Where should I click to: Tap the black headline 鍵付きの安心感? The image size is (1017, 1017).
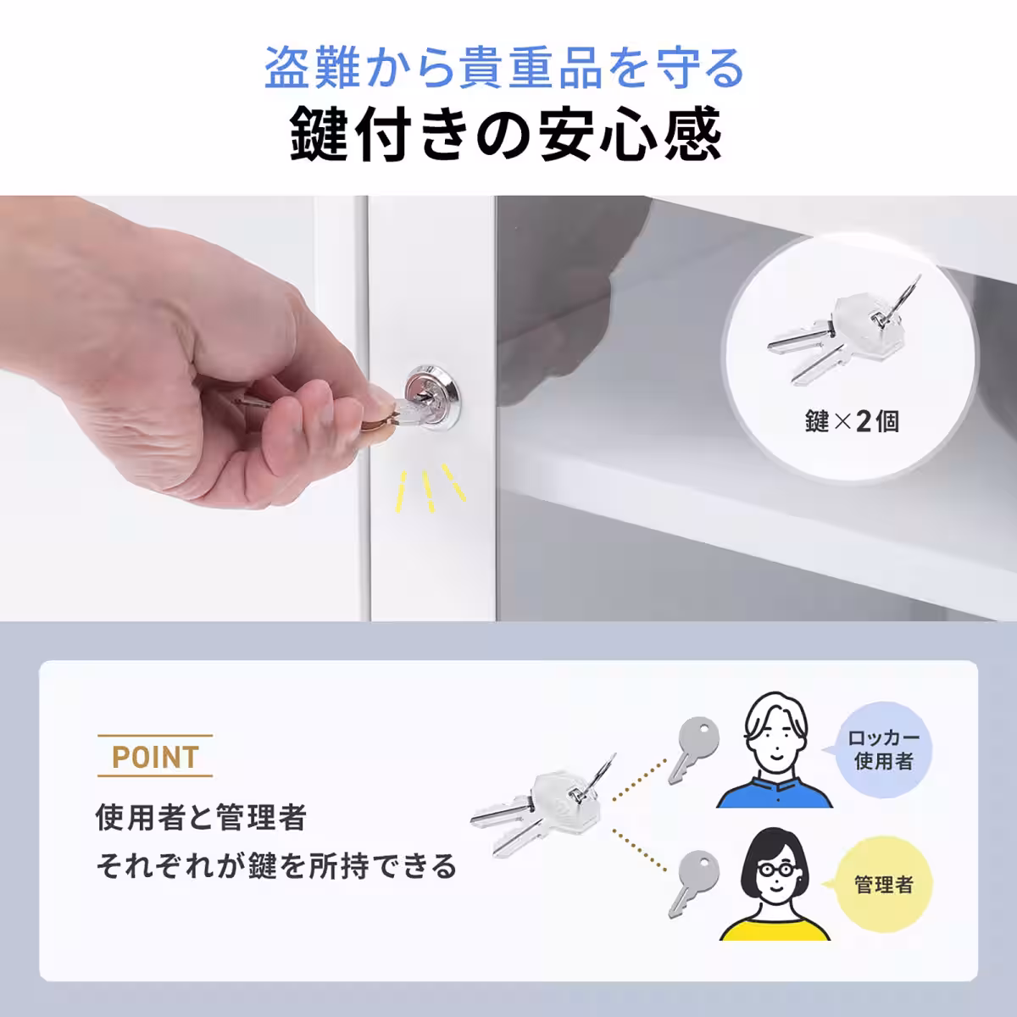pyautogui.click(x=505, y=135)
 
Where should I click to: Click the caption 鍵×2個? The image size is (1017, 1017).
pyautogui.click(x=852, y=420)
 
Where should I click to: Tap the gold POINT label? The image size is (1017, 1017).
pyautogui.click(x=155, y=756)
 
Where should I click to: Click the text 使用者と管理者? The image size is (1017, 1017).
pyautogui.click(x=201, y=819)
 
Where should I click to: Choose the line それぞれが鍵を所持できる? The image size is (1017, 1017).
pyautogui.click(x=276, y=866)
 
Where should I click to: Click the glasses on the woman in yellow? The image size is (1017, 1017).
pyautogui.click(x=776, y=870)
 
